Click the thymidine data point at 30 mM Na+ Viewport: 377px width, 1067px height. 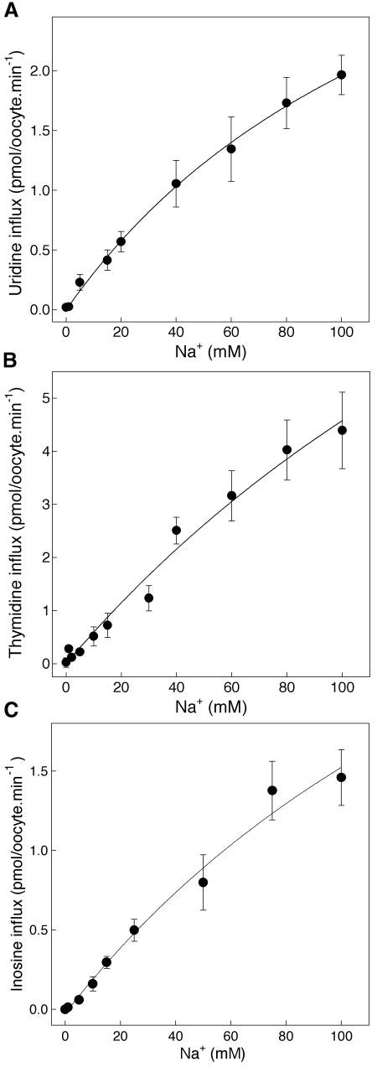[x=148, y=598]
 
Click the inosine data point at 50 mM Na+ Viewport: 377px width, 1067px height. [x=203, y=882]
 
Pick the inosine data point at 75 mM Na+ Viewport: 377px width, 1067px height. [x=272, y=790]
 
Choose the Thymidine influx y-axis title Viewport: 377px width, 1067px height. [x=14, y=530]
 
